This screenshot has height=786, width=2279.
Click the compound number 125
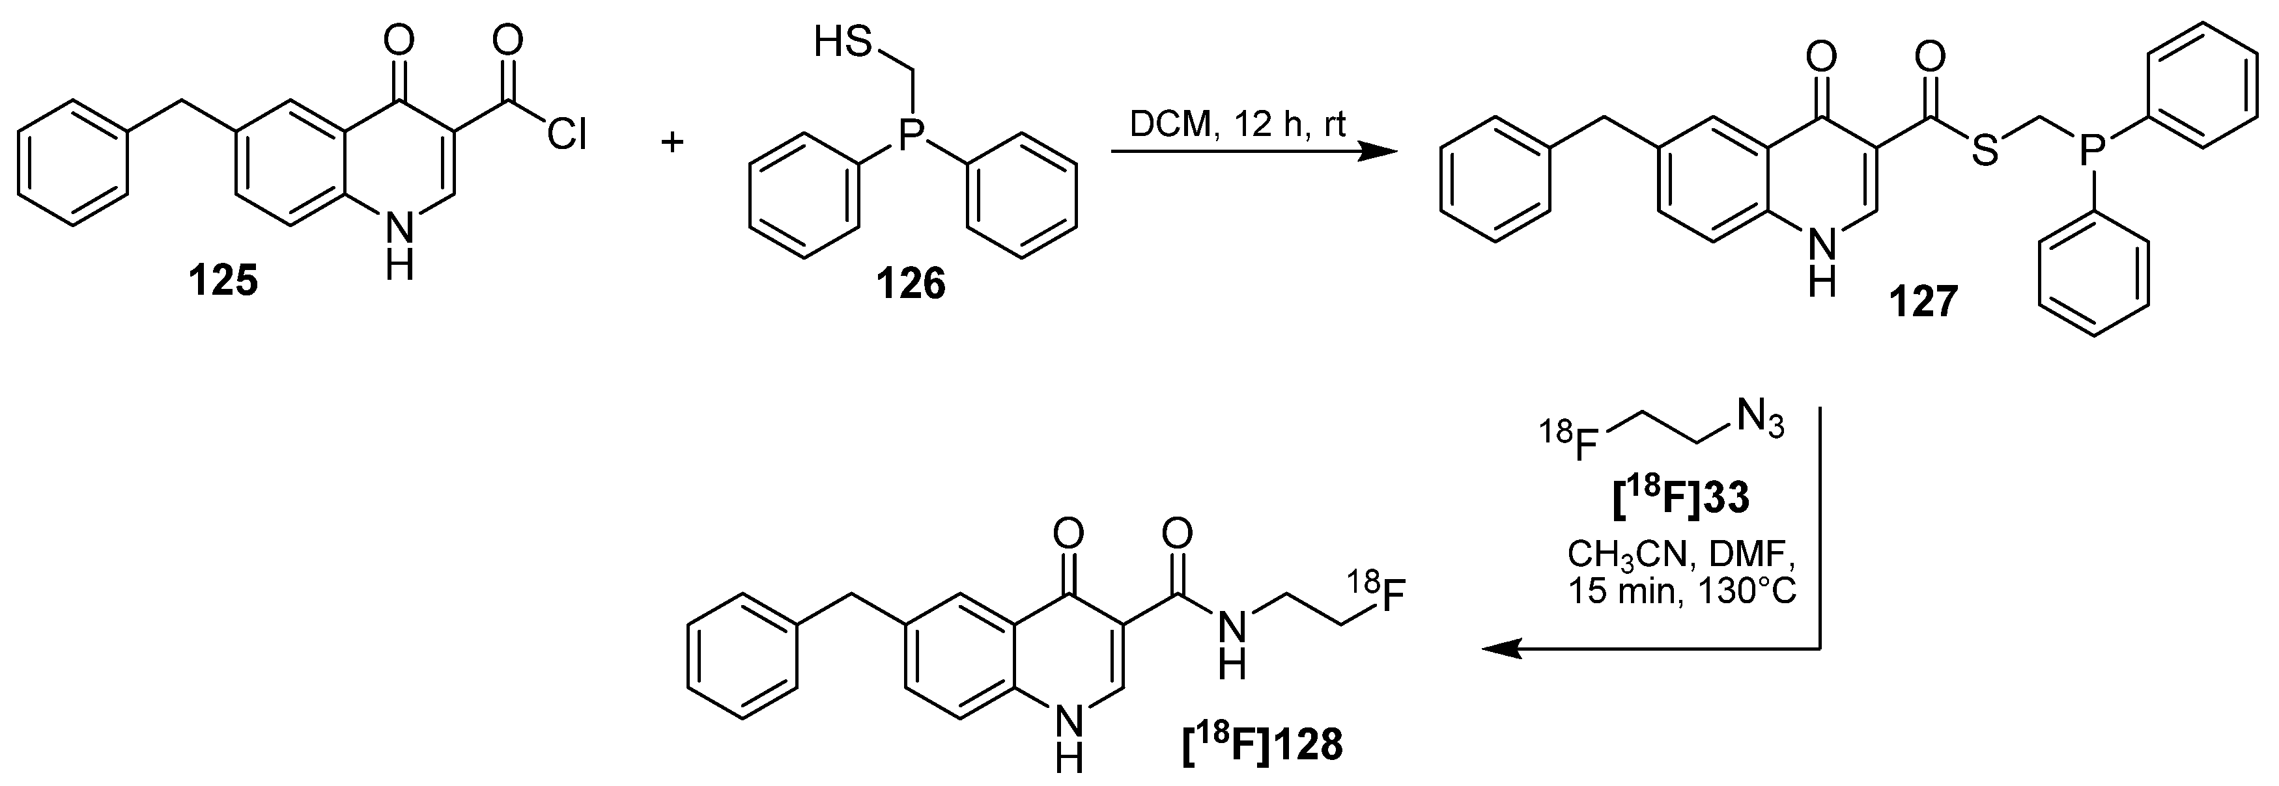[x=223, y=282]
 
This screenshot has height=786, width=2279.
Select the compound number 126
[x=911, y=285]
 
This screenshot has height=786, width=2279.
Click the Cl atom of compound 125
[x=566, y=136]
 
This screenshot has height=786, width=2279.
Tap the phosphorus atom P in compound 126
[x=913, y=135]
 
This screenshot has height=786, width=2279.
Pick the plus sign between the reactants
[x=673, y=141]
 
